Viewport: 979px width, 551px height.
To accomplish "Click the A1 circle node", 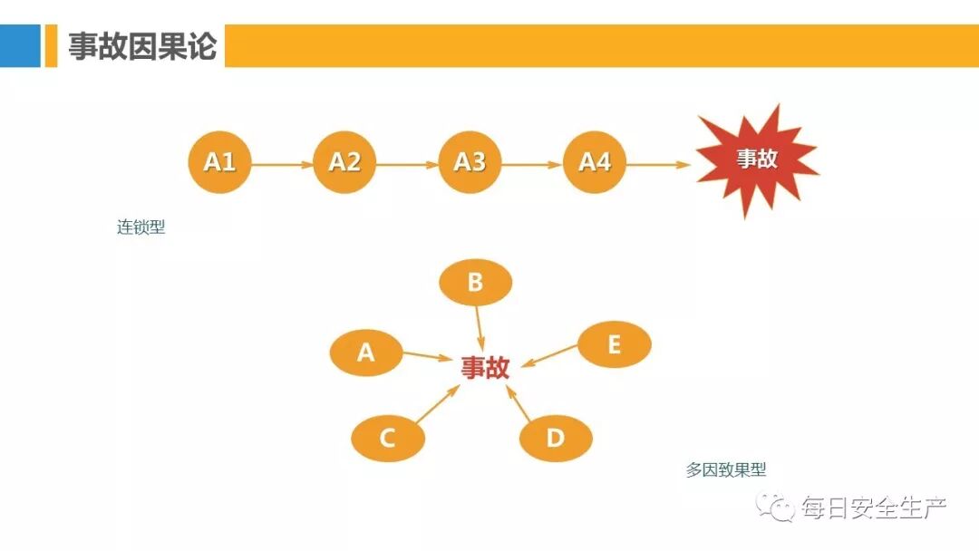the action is pos(219,162).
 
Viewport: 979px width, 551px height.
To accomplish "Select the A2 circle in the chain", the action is pos(344,162).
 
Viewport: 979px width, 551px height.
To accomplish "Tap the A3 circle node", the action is pos(470,162).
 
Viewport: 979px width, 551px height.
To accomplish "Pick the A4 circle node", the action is pos(595,162).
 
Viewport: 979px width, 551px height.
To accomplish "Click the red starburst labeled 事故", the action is pos(756,159).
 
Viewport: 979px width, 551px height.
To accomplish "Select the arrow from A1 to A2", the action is pos(282,165).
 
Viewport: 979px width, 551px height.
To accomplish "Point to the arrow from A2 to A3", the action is pos(407,165).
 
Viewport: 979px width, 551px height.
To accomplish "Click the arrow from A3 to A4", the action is pos(532,165).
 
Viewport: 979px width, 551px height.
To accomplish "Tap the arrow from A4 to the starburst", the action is pos(659,165).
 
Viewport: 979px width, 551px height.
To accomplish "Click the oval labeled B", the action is pos(475,283).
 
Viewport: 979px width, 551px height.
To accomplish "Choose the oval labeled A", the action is pos(365,352).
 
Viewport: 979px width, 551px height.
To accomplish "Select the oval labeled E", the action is pos(614,344).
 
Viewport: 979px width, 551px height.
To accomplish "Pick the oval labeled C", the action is pos(387,439).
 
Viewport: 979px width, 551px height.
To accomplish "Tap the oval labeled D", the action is pos(556,439).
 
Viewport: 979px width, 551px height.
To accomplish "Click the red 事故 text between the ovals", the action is pos(485,367).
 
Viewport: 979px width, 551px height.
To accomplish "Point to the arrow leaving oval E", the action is pos(551,355).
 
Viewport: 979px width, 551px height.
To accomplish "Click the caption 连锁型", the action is pos(141,227).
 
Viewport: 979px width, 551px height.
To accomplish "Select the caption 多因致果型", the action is pos(726,469).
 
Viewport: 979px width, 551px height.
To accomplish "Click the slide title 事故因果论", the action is pos(142,46).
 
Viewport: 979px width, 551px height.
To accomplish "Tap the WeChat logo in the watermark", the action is pos(777,507).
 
